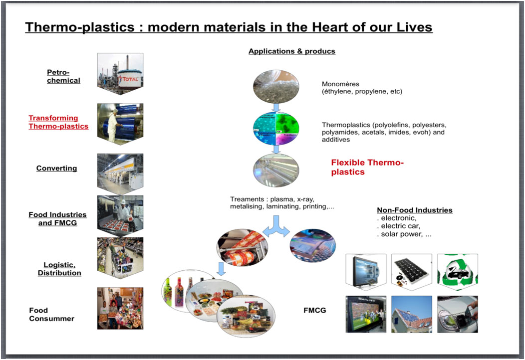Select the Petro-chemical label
point(63,76)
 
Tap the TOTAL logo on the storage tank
point(131,79)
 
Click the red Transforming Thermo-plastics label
point(58,122)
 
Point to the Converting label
point(56,169)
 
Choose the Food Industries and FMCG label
point(57,219)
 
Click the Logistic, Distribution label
point(59,269)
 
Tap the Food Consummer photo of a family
point(120,308)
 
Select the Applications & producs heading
point(291,51)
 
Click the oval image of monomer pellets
point(276,86)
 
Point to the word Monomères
point(340,84)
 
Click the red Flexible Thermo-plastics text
point(367,168)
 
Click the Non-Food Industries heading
point(415,210)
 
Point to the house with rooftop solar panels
point(412,314)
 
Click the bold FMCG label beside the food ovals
point(315,311)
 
